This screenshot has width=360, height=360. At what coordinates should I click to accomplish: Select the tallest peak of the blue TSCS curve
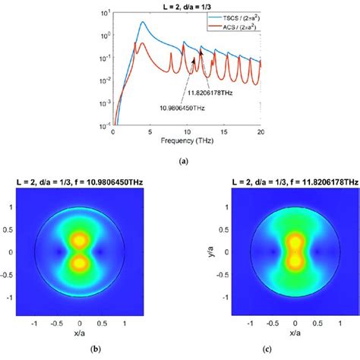pyautogui.click(x=142, y=23)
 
